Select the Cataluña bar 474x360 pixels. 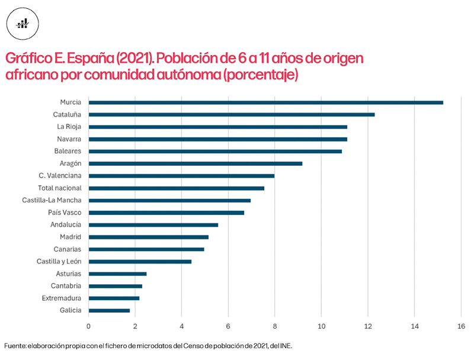click(231, 114)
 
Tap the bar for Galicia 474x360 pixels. click(109, 310)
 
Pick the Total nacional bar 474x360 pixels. click(176, 188)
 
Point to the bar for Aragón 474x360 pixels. click(195, 163)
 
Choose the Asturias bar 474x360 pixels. click(117, 274)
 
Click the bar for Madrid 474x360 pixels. click(148, 237)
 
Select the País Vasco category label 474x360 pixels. click(65, 213)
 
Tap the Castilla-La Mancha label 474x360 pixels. click(52, 200)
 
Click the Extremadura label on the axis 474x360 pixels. click(62, 298)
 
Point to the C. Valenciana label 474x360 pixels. click(60, 176)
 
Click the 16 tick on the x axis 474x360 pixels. click(461, 326)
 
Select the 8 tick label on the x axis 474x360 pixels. click(275, 326)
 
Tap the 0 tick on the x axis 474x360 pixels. click(89, 326)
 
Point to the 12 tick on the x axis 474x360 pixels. click(368, 326)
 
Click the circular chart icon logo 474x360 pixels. click(23, 23)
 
